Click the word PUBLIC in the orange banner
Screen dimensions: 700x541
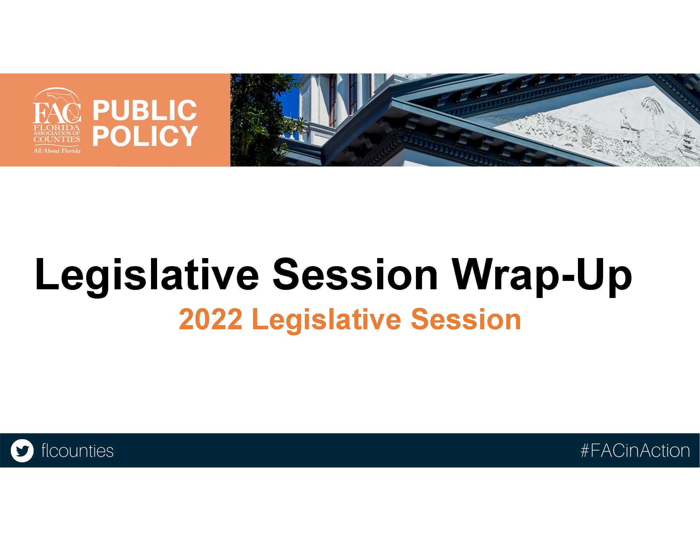pos(145,110)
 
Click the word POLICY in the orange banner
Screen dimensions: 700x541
pos(145,135)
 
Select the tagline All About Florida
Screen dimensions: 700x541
pos(57,151)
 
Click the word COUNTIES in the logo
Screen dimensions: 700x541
pos(57,139)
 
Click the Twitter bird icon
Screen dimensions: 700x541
pos(22,451)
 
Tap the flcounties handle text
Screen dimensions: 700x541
pos(77,451)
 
